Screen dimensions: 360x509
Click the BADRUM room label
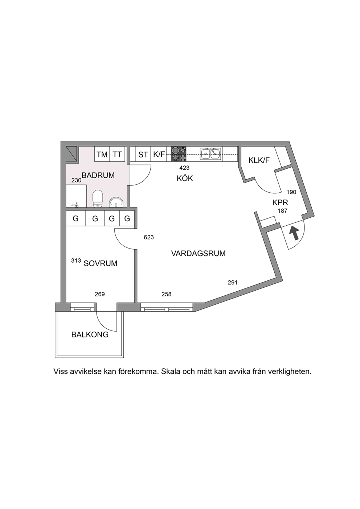coord(98,175)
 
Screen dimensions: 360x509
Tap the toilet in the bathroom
coord(98,199)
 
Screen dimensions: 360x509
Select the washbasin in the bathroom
coord(116,202)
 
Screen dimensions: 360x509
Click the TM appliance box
coord(102,154)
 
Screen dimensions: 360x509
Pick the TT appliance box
coord(118,154)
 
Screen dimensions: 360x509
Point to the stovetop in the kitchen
coord(179,154)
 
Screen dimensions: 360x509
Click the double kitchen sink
coord(210,154)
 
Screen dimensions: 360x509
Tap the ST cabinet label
coord(143,155)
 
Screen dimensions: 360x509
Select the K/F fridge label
coord(159,154)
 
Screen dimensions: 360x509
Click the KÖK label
coord(185,178)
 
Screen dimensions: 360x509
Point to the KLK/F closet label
coord(259,160)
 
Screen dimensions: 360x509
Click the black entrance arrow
coord(294,233)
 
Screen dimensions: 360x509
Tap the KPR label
coord(280,202)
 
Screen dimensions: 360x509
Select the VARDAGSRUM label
coord(198,253)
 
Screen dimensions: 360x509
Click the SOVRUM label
coord(101,263)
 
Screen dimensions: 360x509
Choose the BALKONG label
coord(90,335)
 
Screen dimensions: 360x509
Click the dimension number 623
coord(149,237)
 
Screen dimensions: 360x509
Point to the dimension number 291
coord(233,283)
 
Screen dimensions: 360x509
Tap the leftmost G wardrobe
coord(76,218)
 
